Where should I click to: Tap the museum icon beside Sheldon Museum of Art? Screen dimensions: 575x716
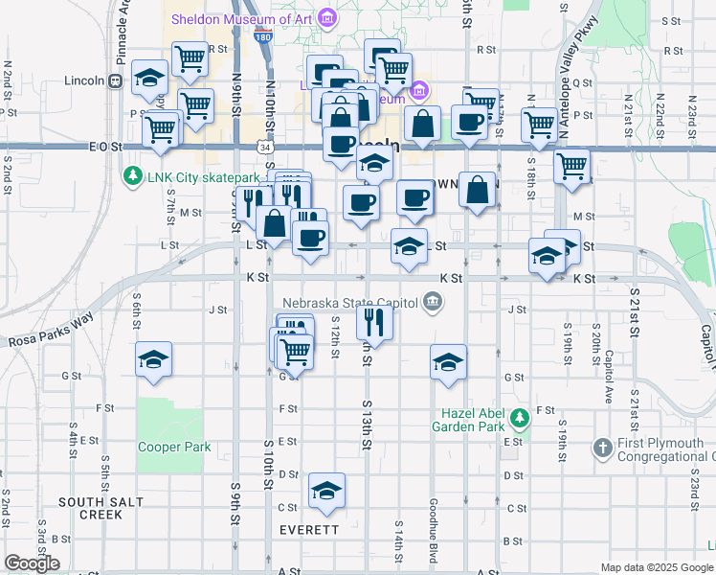coord(328,17)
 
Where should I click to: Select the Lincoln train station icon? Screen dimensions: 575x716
coord(114,80)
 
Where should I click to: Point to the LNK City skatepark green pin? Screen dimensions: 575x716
coord(132,177)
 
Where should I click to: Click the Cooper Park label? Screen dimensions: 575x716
coord(173,447)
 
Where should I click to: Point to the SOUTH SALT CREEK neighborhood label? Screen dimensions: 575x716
coord(101,508)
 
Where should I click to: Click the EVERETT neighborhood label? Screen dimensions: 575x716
coord(309,529)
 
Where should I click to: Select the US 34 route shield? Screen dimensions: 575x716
coord(264,148)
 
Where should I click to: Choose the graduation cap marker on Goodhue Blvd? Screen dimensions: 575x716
coord(448,362)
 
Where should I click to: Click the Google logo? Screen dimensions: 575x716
coord(32,563)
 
